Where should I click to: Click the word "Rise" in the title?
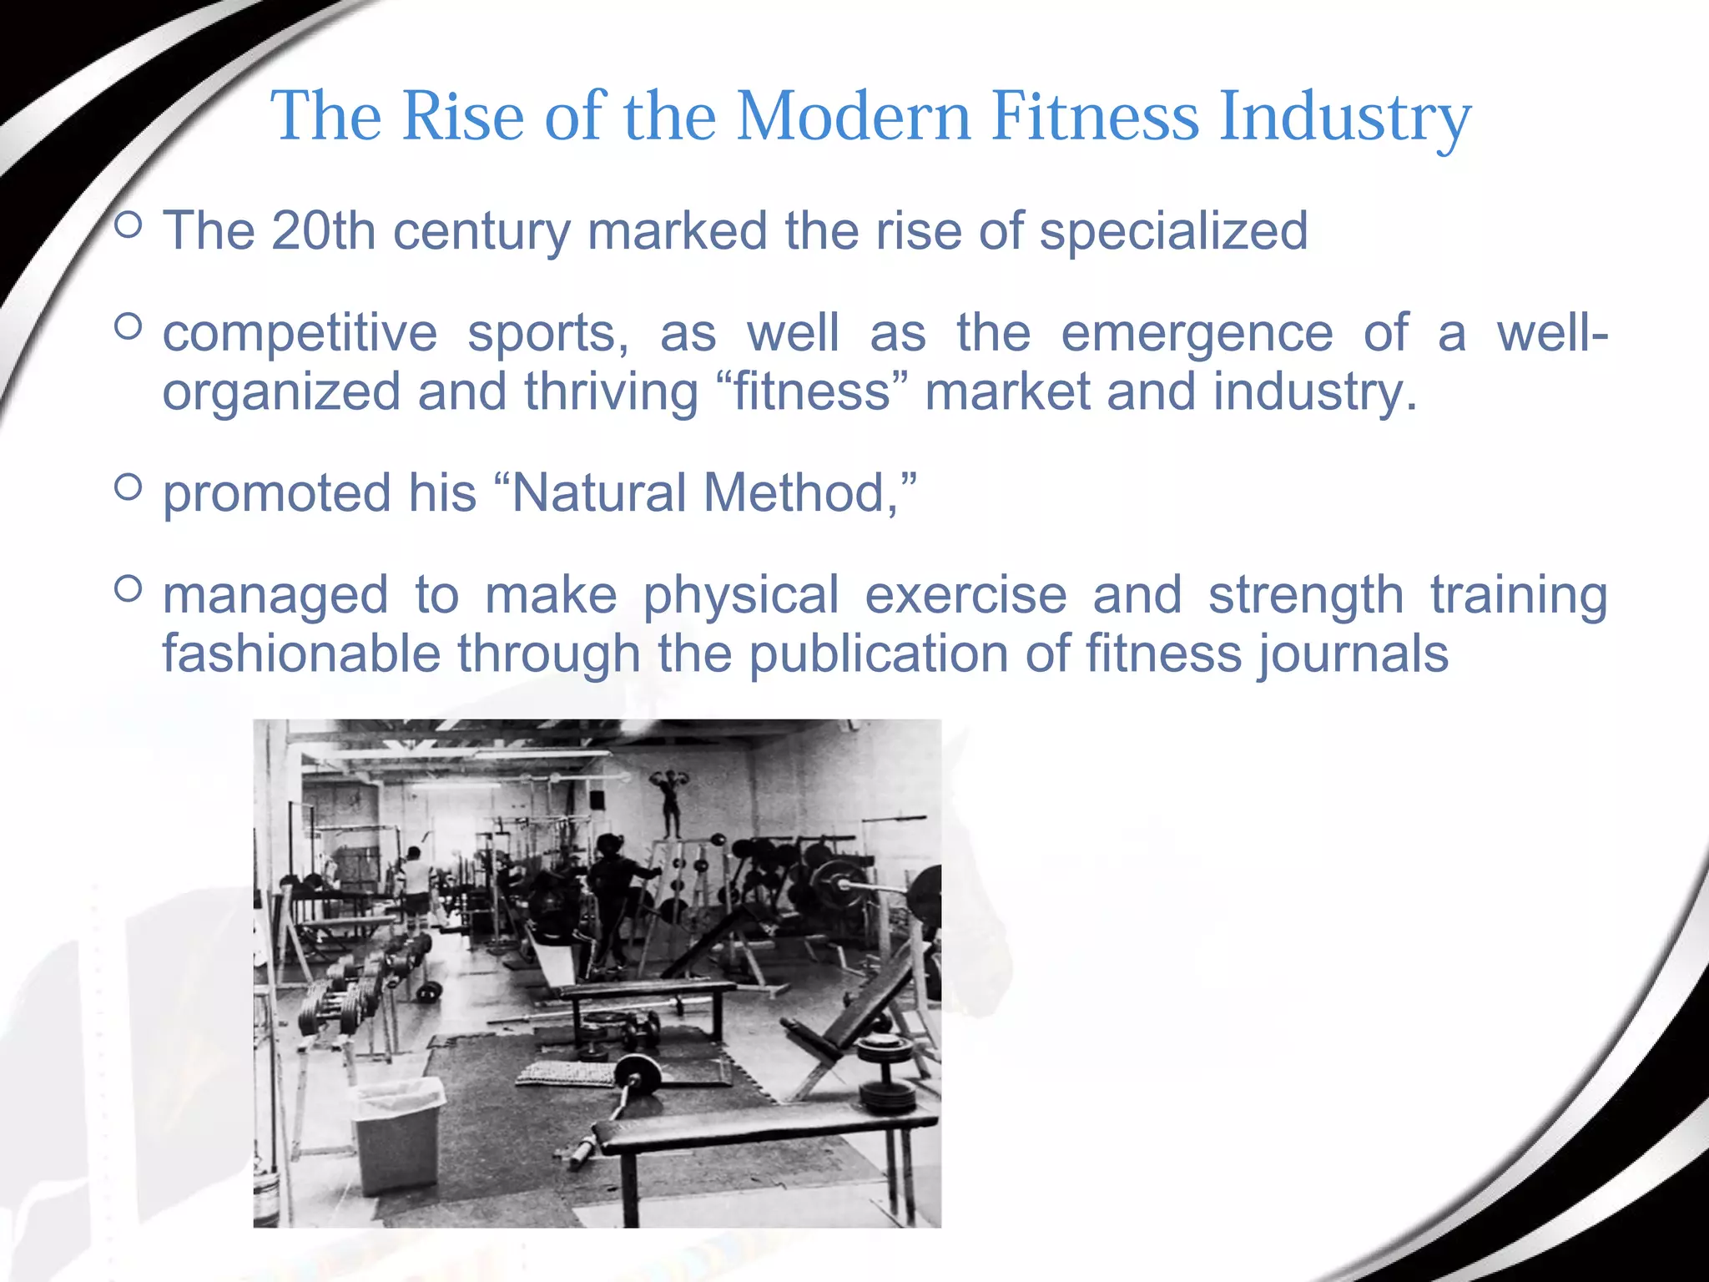point(463,116)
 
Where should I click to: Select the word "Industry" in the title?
point(1344,118)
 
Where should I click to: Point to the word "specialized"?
point(1173,232)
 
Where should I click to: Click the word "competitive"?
point(300,334)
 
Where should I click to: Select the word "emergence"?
point(1197,334)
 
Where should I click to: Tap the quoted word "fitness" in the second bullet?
point(812,392)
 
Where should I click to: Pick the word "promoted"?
point(276,494)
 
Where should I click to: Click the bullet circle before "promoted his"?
point(128,487)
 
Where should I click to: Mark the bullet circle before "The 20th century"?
point(128,225)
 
